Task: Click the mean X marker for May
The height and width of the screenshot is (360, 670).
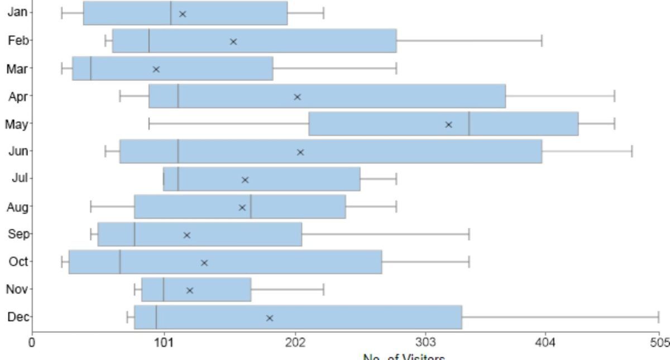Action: tap(448, 124)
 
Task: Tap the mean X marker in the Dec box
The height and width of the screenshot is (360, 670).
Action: tap(270, 318)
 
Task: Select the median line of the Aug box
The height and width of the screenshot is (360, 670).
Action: tap(251, 207)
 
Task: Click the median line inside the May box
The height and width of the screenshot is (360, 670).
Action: tap(469, 124)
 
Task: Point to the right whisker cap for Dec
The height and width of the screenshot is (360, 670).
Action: tap(659, 318)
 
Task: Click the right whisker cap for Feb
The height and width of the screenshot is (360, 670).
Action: tap(542, 41)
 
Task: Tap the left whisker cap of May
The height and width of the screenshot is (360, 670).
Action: tap(149, 124)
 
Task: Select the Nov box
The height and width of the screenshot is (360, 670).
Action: tap(196, 290)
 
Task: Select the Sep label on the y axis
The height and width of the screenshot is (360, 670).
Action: tap(18, 234)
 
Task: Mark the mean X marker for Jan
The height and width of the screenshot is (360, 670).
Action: tap(183, 13)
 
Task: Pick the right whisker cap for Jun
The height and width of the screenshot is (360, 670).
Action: tap(632, 151)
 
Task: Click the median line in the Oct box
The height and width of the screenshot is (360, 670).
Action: tap(120, 262)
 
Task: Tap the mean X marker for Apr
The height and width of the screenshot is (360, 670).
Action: tap(297, 97)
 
